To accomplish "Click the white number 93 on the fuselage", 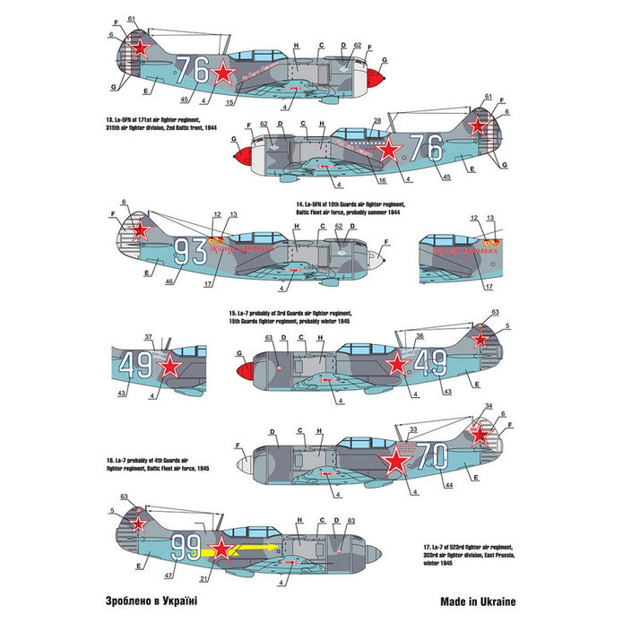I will [x=189, y=252].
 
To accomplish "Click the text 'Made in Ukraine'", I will [x=479, y=602].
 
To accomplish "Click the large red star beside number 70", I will [x=395, y=462].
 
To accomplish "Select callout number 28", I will [x=377, y=118].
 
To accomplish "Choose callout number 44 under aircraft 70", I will [x=449, y=485].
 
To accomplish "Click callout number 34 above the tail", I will [x=489, y=405].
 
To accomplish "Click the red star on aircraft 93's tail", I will [x=140, y=230].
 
